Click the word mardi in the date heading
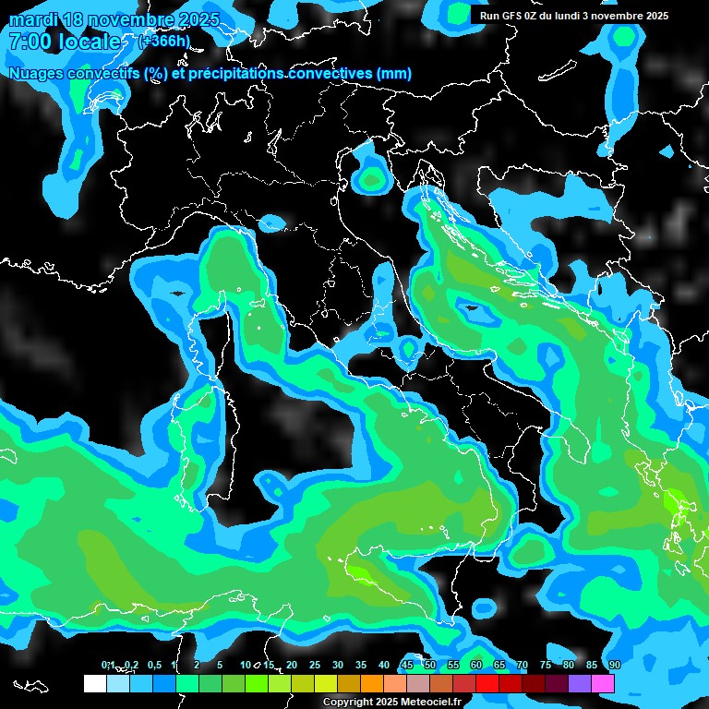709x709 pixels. (x=32, y=20)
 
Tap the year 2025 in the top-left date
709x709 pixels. (x=194, y=20)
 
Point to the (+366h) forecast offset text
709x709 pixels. (x=163, y=42)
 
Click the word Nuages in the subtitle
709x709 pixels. (x=38, y=74)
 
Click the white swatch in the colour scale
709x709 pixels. (x=94, y=684)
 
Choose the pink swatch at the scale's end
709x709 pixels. (x=603, y=684)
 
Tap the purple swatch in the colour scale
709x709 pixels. (x=580, y=684)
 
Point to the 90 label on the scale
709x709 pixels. (x=615, y=666)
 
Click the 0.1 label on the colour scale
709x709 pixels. (x=108, y=666)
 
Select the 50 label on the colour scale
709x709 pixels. (x=430, y=666)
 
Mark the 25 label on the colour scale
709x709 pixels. (x=315, y=666)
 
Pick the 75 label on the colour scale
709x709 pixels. (x=546, y=666)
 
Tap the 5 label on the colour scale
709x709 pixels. (x=219, y=666)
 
